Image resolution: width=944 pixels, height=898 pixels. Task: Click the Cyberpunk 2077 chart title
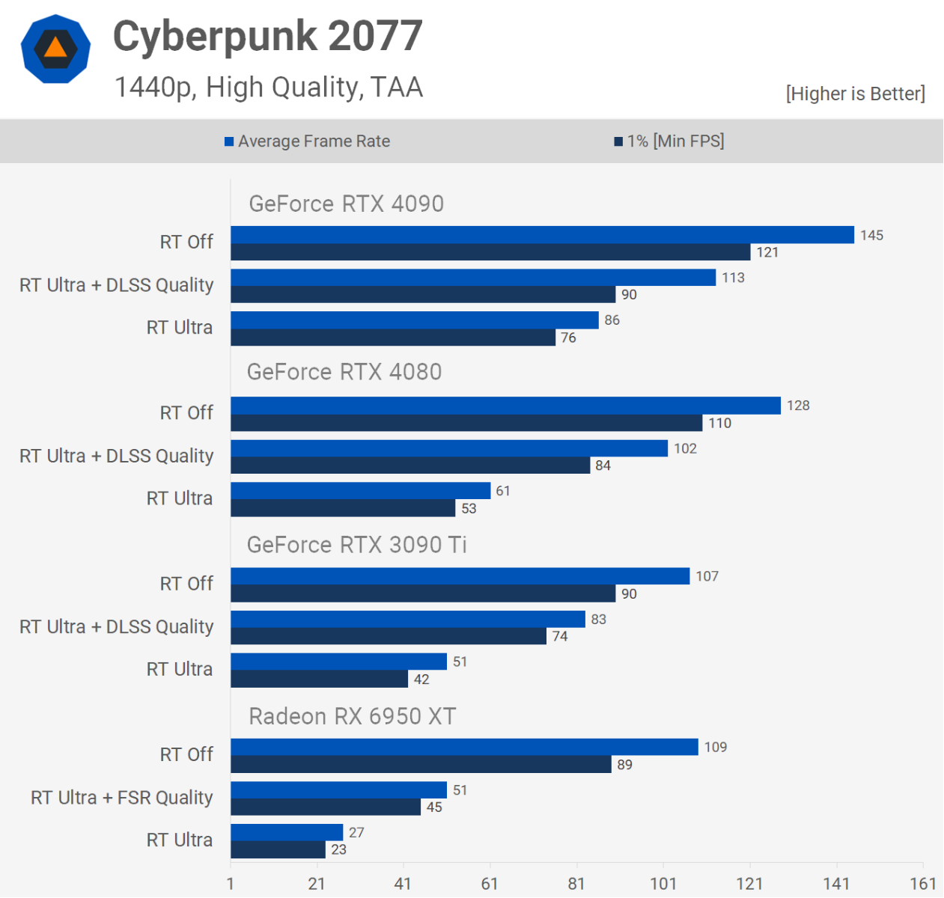click(267, 36)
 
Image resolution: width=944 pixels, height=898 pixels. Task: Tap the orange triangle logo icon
click(55, 48)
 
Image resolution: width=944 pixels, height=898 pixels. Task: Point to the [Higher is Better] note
click(855, 94)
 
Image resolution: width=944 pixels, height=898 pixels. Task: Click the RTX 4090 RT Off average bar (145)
click(542, 235)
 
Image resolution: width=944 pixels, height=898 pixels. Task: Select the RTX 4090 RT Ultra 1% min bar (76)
click(393, 337)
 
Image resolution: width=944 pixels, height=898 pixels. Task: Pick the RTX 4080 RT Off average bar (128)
click(505, 406)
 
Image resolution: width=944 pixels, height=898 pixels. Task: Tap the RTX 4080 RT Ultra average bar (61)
click(360, 491)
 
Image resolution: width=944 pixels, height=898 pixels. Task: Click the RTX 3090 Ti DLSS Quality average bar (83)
click(408, 619)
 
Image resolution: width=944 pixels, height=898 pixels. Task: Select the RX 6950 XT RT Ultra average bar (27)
click(287, 832)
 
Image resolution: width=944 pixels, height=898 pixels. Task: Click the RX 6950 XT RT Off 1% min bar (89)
click(421, 764)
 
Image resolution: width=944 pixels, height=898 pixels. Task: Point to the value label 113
click(733, 278)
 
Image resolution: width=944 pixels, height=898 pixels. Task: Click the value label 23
click(338, 849)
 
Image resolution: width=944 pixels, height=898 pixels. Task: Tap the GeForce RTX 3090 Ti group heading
click(356, 545)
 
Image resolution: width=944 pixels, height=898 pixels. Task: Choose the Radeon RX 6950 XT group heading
click(352, 716)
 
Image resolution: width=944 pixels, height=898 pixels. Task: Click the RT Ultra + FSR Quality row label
click(121, 798)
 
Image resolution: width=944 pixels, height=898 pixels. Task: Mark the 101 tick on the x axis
click(663, 884)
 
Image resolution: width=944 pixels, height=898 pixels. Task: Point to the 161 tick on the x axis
click(922, 884)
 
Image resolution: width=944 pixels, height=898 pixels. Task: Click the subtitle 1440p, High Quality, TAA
click(268, 88)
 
